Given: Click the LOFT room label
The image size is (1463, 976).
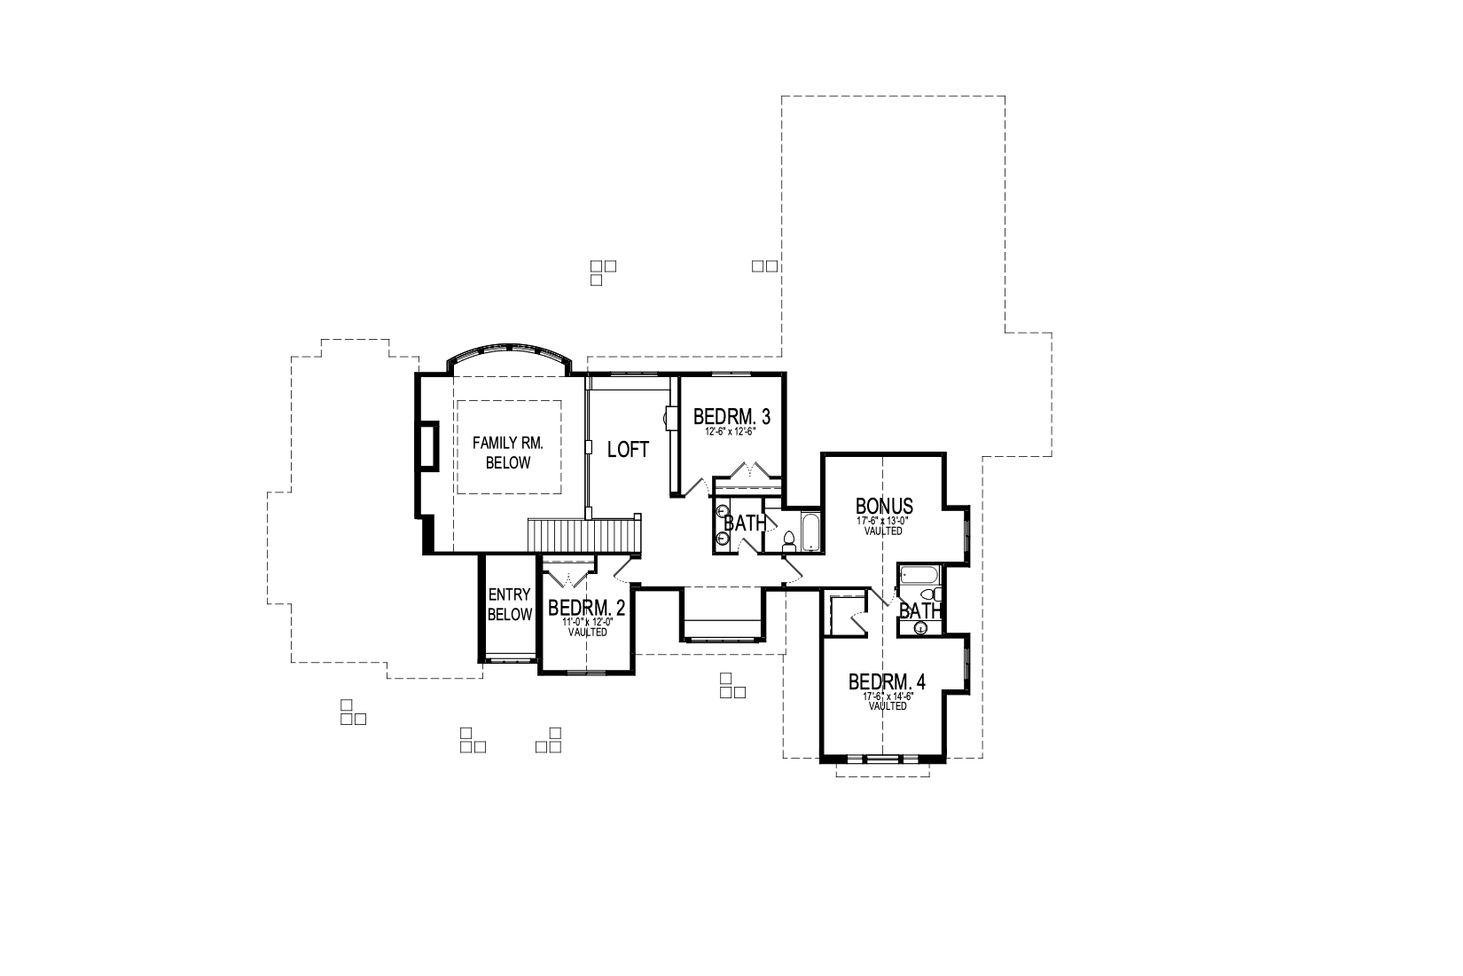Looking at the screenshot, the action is tap(628, 450).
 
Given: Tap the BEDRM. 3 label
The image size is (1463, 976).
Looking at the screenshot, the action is tap(731, 416).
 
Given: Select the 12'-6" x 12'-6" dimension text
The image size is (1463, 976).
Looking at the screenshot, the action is tap(730, 432).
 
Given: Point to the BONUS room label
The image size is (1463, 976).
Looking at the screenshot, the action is tap(884, 506).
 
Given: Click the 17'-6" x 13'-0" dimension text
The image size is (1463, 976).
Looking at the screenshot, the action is tap(883, 521).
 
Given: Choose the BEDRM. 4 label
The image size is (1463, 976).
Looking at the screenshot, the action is tap(887, 681).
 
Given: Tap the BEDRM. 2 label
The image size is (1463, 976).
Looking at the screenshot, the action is tap(586, 608).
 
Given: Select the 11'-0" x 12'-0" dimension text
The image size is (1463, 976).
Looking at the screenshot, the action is tap(587, 622).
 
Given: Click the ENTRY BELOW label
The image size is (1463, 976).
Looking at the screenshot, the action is tap(510, 605).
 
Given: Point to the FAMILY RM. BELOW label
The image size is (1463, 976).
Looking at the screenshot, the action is tap(508, 453).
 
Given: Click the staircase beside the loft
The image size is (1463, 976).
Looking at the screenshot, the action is tap(582, 536).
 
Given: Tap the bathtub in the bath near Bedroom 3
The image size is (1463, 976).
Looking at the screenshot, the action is tap(810, 532).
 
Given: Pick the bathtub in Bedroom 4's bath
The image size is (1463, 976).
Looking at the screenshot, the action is tap(919, 575).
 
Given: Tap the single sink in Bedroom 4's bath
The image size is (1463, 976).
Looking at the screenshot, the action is tap(921, 628).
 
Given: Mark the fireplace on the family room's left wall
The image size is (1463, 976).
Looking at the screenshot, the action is tap(428, 445).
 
